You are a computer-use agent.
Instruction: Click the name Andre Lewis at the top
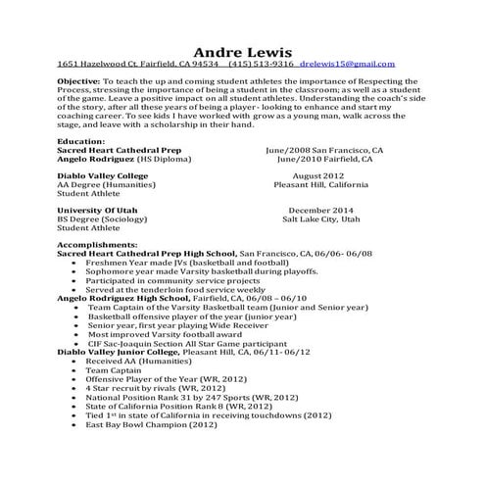242,50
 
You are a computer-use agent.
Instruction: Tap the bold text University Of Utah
97,211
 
